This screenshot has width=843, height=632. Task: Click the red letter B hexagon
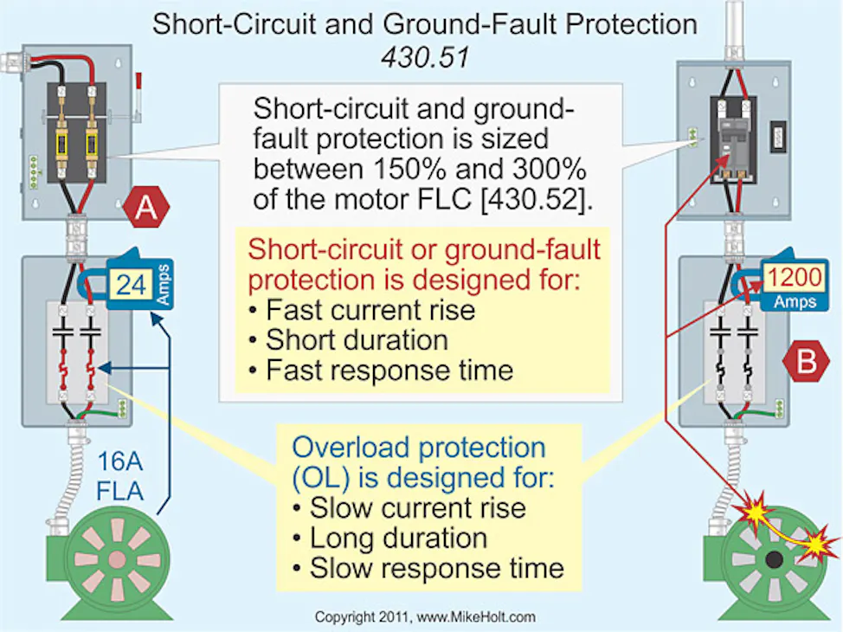click(806, 361)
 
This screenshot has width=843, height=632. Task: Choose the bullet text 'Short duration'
click(356, 339)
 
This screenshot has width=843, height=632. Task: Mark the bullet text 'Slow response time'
click(435, 568)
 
